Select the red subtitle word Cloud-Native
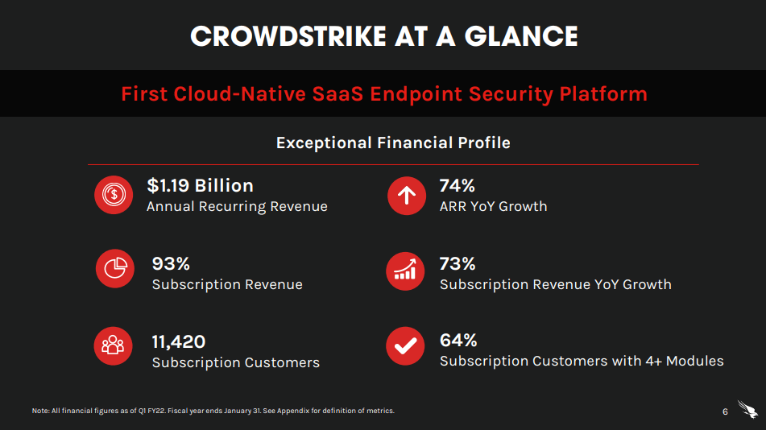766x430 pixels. coord(239,94)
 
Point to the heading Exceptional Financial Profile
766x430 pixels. coord(393,143)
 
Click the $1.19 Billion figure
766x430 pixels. coord(200,185)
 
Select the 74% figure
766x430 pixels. coord(458,185)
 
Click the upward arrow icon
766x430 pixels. coord(407,195)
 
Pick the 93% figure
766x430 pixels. coord(171,263)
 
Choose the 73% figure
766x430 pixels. coord(458,263)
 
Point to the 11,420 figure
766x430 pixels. coord(179,341)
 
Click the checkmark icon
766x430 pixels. coord(407,345)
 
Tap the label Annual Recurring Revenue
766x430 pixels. coord(237,207)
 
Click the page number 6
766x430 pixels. coord(725,412)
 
